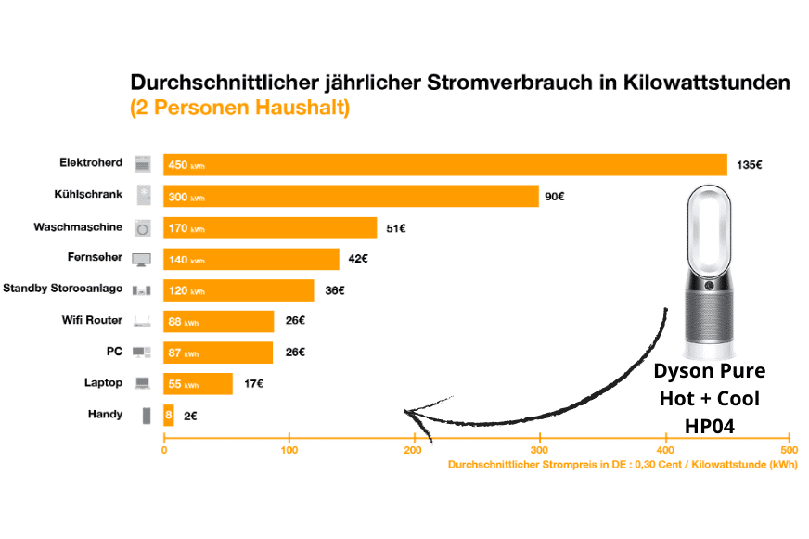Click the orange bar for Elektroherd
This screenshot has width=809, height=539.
(445, 164)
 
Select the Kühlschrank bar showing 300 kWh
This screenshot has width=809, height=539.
(351, 197)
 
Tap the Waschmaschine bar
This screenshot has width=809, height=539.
(270, 228)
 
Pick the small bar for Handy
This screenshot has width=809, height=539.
(169, 416)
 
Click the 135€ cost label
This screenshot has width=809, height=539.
(749, 165)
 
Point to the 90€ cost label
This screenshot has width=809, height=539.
(555, 197)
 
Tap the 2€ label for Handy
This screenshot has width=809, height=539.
(190, 417)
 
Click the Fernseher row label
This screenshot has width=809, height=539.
(96, 258)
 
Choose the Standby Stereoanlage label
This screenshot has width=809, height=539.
(63, 289)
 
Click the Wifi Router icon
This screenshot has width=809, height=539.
(142, 322)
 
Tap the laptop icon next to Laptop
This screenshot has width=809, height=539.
(142, 383)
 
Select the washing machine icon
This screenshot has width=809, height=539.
(142, 228)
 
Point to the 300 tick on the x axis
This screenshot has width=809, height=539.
(539, 451)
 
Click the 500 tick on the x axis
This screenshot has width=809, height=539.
(789, 451)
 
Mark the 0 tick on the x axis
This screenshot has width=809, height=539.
(164, 451)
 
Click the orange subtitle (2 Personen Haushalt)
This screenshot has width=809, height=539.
(239, 108)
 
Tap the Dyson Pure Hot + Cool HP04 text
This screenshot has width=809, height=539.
(710, 399)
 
